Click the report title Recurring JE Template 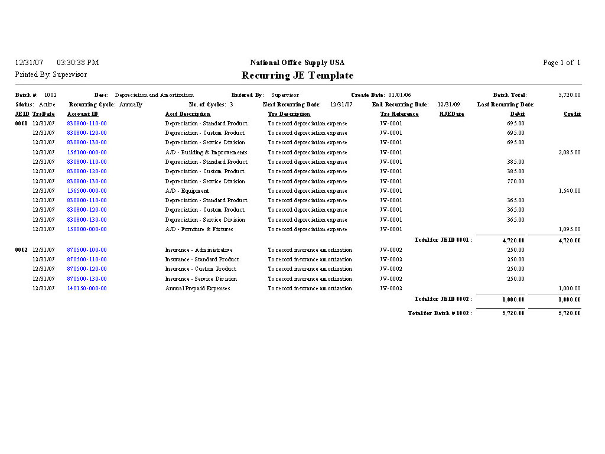pos(297,76)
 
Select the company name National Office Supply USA pos(297,63)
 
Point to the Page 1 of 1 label pos(561,63)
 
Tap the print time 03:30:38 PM pos(78,63)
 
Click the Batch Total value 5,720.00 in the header pos(569,95)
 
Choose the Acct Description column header pos(187,114)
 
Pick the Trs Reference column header pos(399,114)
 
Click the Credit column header pos(572,114)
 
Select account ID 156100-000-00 pos(87,153)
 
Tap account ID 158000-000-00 pos(87,229)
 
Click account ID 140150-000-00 pos(87,288)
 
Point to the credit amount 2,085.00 pos(569,153)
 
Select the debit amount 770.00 pos(515,181)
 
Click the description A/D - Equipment pos(187,191)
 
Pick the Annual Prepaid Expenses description pos(197,288)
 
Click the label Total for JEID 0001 pos(443,240)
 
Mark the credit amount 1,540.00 pos(569,191)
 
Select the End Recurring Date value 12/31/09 pos(448,105)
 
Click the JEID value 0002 pos(21,250)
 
